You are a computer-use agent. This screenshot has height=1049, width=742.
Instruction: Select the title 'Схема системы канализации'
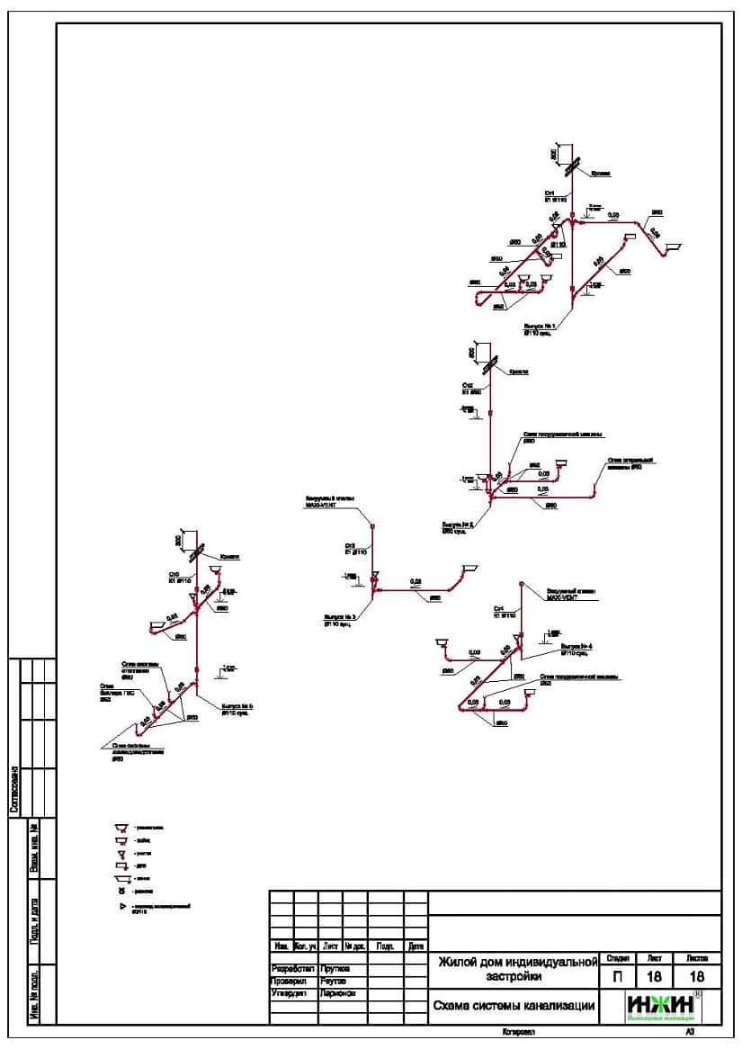(514, 1008)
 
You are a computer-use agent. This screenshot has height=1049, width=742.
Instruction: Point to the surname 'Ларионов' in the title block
(337, 993)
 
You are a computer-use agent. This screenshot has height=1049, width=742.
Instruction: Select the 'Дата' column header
(416, 946)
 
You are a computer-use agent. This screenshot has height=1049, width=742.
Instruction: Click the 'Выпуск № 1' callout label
(540, 325)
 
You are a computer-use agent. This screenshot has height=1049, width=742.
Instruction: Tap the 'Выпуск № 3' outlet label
(340, 617)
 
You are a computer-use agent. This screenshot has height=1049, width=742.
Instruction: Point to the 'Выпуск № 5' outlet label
(237, 707)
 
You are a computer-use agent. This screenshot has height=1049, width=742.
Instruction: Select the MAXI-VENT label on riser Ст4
(566, 596)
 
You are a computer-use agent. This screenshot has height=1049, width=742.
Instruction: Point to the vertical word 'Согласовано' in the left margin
(14, 789)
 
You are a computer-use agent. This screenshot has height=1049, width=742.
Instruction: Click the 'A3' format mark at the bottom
(690, 1033)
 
